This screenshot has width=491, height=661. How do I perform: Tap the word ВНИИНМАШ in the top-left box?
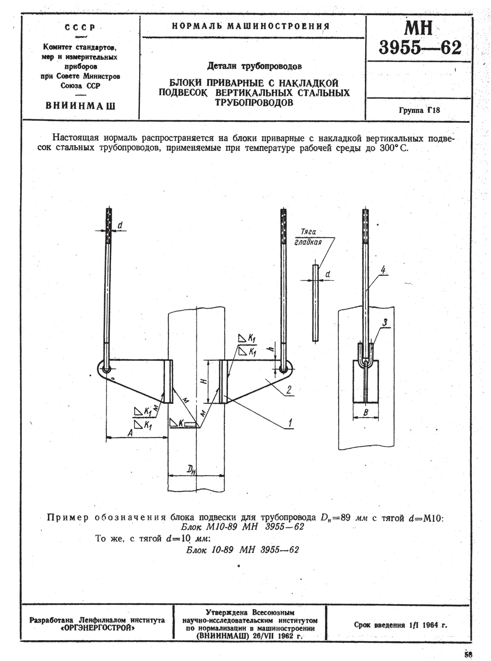[80, 106]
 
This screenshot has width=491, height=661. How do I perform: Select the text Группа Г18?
[419, 110]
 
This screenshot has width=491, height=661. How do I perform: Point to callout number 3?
[385, 322]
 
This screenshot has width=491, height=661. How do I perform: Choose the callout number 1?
[290, 423]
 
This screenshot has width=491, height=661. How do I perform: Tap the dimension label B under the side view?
[366, 412]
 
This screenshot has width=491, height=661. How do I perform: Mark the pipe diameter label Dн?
[191, 470]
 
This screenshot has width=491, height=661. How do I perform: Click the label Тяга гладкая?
[308, 237]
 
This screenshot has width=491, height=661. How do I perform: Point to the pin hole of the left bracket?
[106, 369]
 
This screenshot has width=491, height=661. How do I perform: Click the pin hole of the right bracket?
[283, 369]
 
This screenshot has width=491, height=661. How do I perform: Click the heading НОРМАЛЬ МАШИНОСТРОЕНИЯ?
[251, 26]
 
